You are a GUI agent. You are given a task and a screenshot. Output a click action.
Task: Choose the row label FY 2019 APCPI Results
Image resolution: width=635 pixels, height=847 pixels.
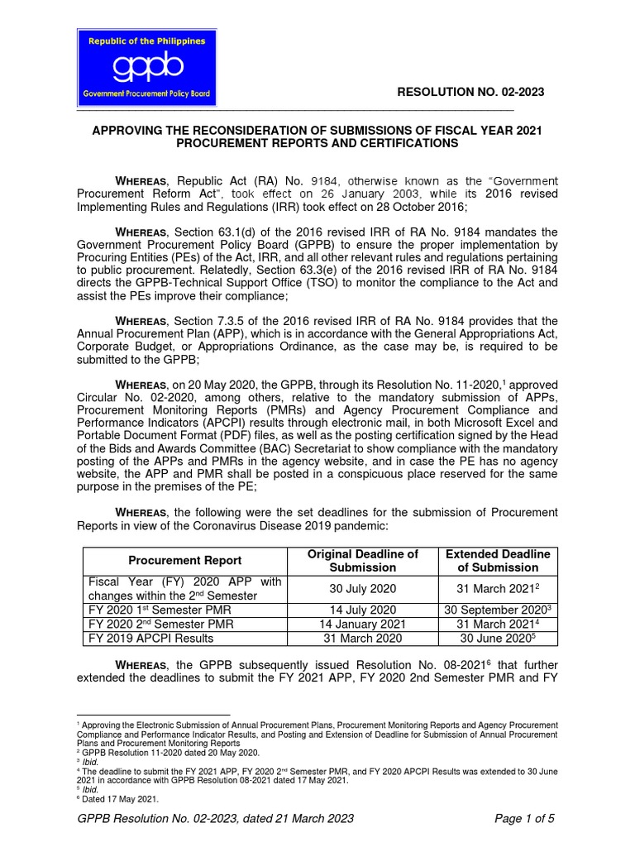point(150,638)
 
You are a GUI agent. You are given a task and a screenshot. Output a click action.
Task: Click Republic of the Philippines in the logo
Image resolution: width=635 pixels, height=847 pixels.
point(142,41)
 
